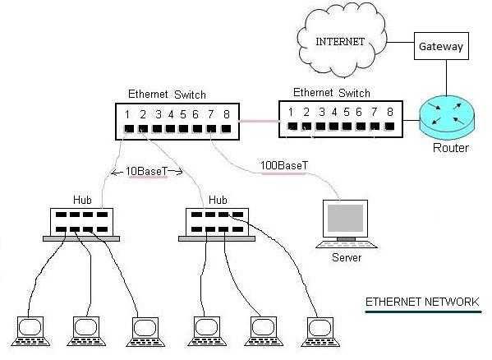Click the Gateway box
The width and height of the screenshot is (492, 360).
(440, 47)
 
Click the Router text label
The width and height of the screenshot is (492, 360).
(450, 148)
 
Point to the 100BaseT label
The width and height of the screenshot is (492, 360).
(284, 165)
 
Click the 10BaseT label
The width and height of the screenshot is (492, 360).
(147, 172)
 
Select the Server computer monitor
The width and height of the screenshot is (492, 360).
(346, 219)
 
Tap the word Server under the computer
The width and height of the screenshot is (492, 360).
(346, 257)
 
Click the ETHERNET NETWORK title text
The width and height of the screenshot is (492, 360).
(422, 302)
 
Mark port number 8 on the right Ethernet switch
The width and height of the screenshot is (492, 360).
(389, 112)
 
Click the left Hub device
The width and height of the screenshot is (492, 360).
(80, 221)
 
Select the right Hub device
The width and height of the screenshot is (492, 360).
(217, 221)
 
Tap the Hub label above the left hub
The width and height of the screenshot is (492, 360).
(80, 199)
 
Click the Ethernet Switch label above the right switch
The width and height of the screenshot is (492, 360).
(331, 93)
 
